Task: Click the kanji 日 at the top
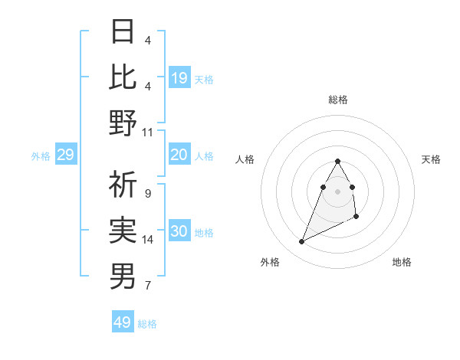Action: tap(123, 31)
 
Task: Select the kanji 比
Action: tap(123, 77)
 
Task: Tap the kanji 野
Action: tap(123, 123)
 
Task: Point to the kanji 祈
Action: tap(123, 184)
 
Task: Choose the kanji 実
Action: tap(123, 230)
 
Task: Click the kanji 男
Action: tap(123, 276)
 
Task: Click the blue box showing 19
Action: tap(179, 77)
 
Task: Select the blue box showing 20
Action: tap(179, 155)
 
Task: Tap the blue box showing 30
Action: tap(179, 232)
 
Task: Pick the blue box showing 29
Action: tap(65, 155)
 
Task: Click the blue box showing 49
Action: tap(123, 322)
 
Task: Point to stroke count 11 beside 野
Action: tap(148, 132)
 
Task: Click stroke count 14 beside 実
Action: tap(148, 240)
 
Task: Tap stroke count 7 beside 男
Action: tap(147, 286)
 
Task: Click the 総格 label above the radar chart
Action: tap(337, 100)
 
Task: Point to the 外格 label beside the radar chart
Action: tap(270, 262)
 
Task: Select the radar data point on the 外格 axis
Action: tap(301, 242)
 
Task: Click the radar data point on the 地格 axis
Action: tap(357, 218)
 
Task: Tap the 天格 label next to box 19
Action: tap(204, 78)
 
